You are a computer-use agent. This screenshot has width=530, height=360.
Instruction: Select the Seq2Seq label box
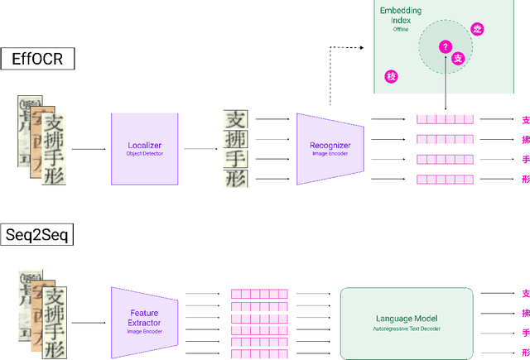pos(38,235)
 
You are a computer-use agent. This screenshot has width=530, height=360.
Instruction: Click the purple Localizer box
pos(145,149)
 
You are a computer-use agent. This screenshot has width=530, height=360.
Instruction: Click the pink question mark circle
pos(446,47)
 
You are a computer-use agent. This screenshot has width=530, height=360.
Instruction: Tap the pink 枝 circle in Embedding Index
pos(391,77)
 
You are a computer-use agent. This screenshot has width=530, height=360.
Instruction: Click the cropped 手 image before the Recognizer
pos(235,158)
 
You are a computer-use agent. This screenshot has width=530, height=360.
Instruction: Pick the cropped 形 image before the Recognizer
pos(235,179)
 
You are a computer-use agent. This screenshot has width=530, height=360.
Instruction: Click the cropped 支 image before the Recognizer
pos(235,120)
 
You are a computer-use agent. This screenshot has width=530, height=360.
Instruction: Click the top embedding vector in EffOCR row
pos(445,120)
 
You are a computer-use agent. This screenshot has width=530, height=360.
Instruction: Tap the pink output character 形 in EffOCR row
pos(525,180)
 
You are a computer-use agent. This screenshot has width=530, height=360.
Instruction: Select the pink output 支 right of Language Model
pos(525,294)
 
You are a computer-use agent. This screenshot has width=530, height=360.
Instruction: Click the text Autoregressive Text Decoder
pos(407,329)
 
